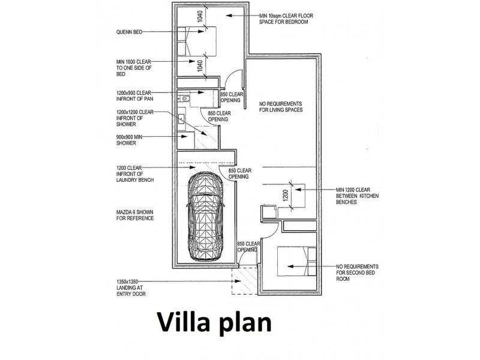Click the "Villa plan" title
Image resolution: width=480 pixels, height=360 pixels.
[214, 322]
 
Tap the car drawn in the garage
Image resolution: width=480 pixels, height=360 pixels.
[205, 217]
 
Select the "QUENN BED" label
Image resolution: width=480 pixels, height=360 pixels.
[129, 32]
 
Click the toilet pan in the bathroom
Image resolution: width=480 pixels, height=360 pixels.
[184, 98]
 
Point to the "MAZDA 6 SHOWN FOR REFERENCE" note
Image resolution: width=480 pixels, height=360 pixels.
[135, 215]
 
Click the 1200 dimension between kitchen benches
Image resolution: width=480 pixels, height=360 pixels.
[286, 196]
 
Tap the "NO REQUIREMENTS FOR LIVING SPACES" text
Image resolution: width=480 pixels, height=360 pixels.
[281, 107]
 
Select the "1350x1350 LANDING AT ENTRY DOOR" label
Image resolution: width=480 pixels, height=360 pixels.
[131, 288]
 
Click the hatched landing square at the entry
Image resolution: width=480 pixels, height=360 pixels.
[244, 280]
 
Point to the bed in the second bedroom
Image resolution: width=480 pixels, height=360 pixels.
[296, 261]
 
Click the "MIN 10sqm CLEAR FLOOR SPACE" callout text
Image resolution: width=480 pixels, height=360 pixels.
[286, 19]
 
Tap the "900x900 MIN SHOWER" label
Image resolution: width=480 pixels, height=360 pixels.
[129, 140]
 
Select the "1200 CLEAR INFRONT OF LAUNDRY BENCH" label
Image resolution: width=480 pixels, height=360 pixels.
[135, 174]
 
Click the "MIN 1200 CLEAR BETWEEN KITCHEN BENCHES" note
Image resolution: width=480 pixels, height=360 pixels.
[357, 196]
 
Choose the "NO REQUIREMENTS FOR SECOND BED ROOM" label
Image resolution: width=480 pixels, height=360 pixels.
[357, 273]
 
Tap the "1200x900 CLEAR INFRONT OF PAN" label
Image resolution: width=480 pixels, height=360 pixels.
[134, 96]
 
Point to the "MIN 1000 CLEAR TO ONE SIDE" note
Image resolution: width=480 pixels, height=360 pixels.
[134, 68]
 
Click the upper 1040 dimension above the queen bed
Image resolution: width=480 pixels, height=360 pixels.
[200, 17]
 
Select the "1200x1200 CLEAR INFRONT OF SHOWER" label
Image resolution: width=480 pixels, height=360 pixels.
[134, 118]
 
